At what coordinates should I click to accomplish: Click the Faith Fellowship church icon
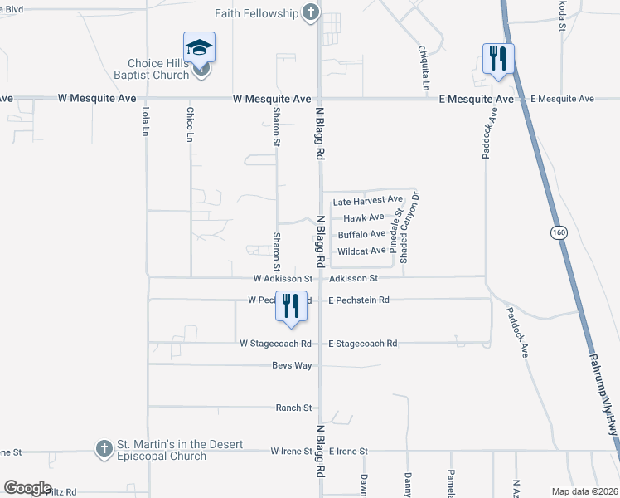pos(311,12)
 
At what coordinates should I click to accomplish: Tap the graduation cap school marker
pos(199,47)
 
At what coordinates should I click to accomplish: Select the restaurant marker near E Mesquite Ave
pos(498,58)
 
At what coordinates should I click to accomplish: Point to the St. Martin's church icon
pos(104,449)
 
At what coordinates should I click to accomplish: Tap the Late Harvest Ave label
pos(366,201)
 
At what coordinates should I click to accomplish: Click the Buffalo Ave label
pos(361,234)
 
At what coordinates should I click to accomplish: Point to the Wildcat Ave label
pos(361,251)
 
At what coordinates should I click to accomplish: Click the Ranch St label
pos(294,408)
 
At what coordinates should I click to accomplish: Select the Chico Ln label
pos(191,123)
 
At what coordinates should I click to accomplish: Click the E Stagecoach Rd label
pos(363,344)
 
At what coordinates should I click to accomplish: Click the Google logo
pos(27,488)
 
